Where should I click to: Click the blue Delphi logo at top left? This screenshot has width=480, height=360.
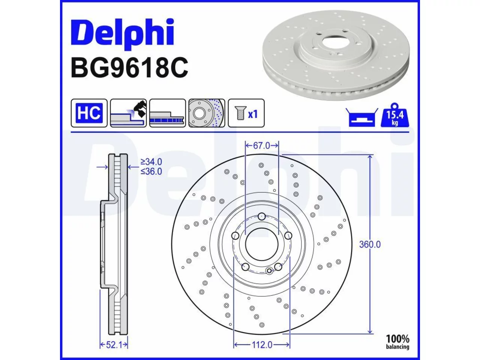pos(123,34)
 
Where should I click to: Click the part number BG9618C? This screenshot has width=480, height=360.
pos(129,68)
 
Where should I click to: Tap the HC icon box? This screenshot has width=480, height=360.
pos(89,113)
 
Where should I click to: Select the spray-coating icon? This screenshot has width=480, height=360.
pos(128,113)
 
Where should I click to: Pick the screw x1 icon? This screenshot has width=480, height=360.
pos(246,113)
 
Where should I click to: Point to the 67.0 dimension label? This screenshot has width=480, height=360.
pos(261,145)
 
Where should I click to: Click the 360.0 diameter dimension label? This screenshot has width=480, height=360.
pos(370,244)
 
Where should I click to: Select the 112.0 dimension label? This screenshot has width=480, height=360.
pos(262,345)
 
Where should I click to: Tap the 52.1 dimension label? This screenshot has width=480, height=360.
pos(114,345)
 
